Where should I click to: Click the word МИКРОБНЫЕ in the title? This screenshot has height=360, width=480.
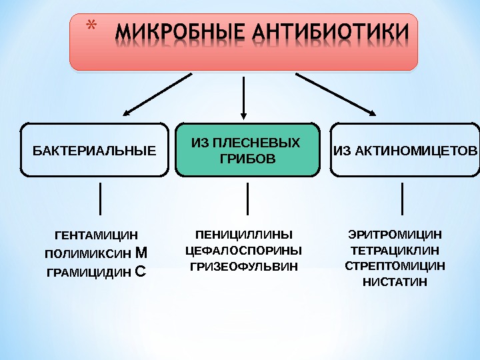point(175,34)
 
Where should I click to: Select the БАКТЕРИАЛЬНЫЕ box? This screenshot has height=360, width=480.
point(94,150)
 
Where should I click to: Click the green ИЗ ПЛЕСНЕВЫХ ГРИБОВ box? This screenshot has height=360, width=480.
point(247,150)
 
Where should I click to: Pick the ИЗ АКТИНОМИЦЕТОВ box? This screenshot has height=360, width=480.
point(405,150)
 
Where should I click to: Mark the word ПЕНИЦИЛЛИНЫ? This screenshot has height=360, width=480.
point(244,234)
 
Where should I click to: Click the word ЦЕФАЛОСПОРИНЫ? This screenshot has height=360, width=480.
point(244,251)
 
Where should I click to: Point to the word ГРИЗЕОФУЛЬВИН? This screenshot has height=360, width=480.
point(244,267)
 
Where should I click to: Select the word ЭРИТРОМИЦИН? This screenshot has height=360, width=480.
point(395,234)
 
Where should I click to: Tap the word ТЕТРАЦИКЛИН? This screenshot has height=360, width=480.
point(395,251)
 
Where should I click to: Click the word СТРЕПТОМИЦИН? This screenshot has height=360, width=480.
point(395,266)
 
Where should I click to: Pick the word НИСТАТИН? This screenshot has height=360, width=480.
point(395,281)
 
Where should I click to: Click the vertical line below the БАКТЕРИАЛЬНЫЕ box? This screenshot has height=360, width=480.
point(100,199)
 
